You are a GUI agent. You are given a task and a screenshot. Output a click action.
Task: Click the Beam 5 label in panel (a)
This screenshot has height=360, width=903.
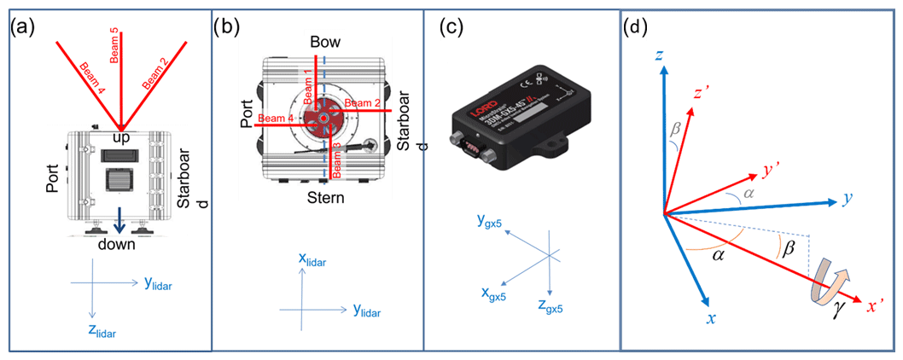coord(115,44)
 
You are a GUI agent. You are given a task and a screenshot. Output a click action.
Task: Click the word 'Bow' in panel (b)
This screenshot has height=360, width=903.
coord(324,43)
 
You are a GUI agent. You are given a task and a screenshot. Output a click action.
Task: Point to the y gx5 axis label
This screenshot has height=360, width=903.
coord(489,224)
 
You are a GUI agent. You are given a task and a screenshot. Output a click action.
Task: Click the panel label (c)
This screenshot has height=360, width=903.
coord(452,26)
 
